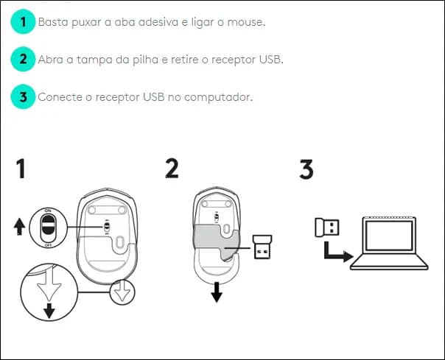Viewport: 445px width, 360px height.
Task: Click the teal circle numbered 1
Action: click(24, 22)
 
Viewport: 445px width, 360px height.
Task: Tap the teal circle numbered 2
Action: click(24, 59)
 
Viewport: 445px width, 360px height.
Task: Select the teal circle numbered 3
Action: click(24, 96)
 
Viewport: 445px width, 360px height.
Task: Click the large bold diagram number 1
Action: click(23, 170)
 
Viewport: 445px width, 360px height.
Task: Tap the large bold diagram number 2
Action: click(172, 169)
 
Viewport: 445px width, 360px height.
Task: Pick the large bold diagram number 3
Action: click(306, 169)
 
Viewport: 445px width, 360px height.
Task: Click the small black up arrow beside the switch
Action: click(20, 227)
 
